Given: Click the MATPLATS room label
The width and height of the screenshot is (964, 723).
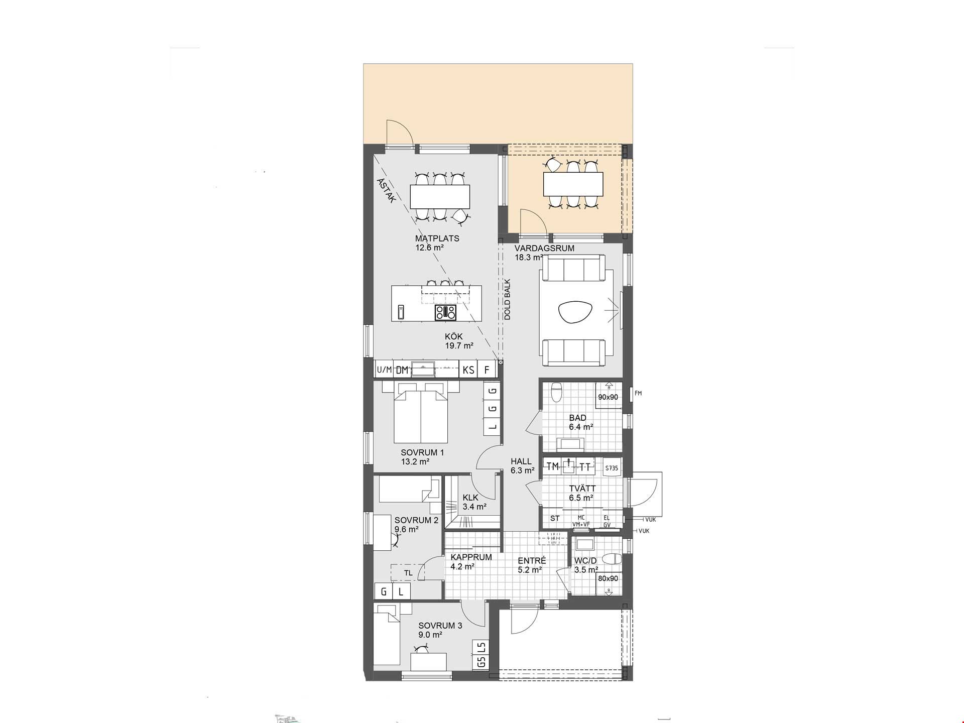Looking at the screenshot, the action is point(437,238).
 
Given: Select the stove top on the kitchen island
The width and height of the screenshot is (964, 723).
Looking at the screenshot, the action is point(446,312).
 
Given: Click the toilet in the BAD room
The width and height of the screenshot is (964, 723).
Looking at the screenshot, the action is point(556,392).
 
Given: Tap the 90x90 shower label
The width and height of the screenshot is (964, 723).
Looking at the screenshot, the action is point(608,397).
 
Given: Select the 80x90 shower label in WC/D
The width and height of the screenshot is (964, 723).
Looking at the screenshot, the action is point(608,578).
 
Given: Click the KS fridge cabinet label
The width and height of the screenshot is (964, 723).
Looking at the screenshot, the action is point(468,370).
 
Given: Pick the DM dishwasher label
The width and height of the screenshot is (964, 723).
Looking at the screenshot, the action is point(402,370).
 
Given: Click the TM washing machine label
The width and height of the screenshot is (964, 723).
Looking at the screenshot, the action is point(553,466).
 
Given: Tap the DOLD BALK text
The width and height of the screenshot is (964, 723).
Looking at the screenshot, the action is point(507,300).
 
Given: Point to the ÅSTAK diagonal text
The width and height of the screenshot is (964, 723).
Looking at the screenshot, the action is point(387,191).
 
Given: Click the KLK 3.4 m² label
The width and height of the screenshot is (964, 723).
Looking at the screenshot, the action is point(474,502).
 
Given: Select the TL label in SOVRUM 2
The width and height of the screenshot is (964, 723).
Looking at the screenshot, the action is point(408,573).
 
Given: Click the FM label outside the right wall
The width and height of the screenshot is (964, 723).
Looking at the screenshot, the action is point(638,393).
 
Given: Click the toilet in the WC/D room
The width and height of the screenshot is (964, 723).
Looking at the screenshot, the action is point(612,559).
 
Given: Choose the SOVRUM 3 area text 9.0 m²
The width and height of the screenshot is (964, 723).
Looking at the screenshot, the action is point(430,635).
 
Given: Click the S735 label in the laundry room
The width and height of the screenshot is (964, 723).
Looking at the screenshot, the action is point(612,468).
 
